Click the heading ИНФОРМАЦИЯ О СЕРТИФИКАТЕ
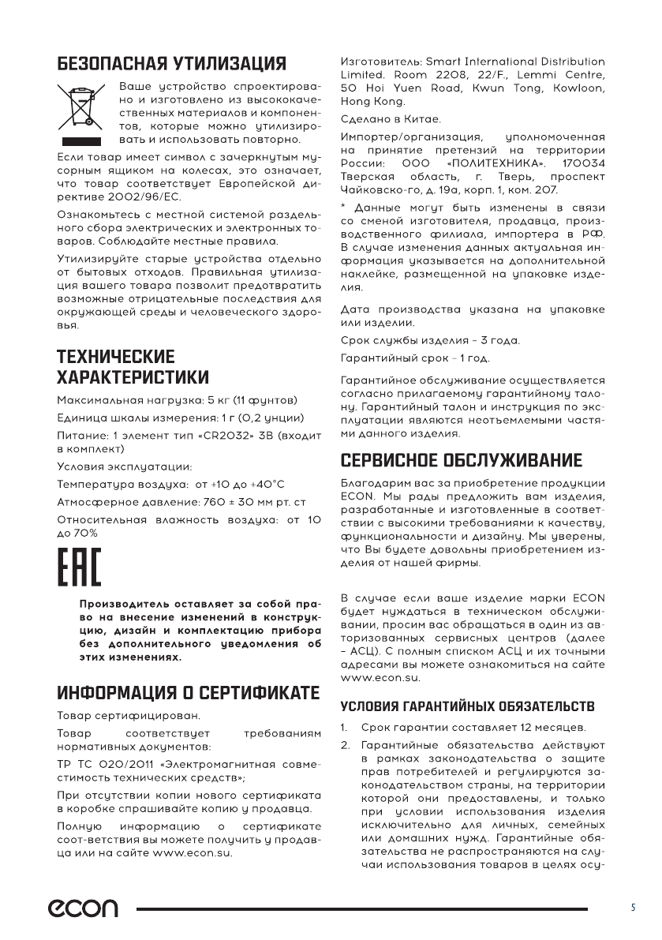tap(189, 694)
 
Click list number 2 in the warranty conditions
tap(345, 744)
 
